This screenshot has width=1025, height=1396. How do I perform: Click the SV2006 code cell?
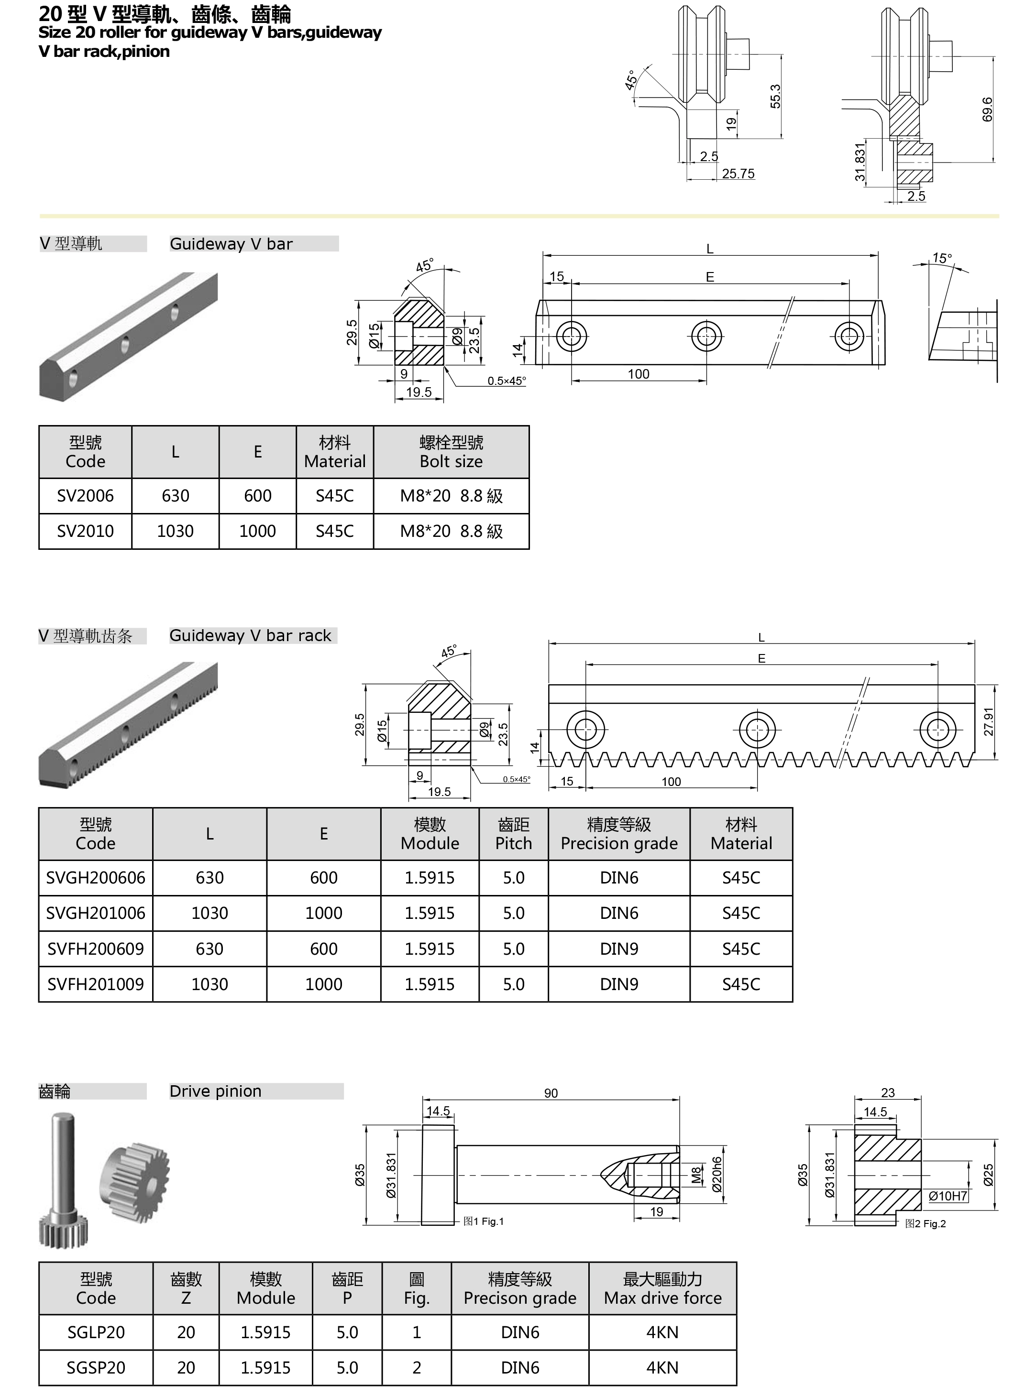click(x=85, y=496)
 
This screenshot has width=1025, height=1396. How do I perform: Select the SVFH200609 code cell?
click(x=96, y=949)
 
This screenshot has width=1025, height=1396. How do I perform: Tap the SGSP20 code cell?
click(x=96, y=1367)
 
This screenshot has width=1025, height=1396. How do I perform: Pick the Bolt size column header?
click(x=451, y=452)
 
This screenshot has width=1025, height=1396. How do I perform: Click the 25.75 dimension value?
click(x=738, y=174)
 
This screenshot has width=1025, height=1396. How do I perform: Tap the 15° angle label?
click(x=942, y=258)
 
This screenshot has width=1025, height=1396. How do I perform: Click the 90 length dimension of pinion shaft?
click(x=551, y=1093)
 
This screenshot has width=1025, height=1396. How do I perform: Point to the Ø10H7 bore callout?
click(x=948, y=1196)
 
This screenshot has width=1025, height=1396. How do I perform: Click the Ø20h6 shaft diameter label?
click(x=717, y=1174)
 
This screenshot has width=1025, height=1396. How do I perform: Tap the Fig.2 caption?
click(x=926, y=1223)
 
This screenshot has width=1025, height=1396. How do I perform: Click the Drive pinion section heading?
click(x=215, y=1091)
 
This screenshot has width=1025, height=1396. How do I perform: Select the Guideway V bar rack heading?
click(x=250, y=636)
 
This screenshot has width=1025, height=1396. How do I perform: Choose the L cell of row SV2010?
click(x=175, y=532)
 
